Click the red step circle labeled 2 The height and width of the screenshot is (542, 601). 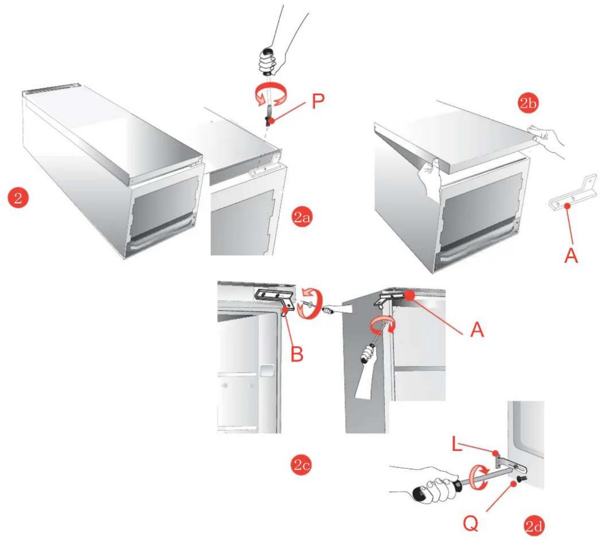coord(18,198)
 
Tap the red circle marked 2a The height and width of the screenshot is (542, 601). coord(302,217)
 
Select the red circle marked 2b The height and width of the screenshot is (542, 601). coord(528,103)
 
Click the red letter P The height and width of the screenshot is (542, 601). coord(318,102)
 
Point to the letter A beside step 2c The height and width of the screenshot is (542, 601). coord(477,330)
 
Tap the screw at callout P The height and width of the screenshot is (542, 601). coord(267,120)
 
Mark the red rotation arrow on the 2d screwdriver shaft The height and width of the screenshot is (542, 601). coord(479,479)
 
